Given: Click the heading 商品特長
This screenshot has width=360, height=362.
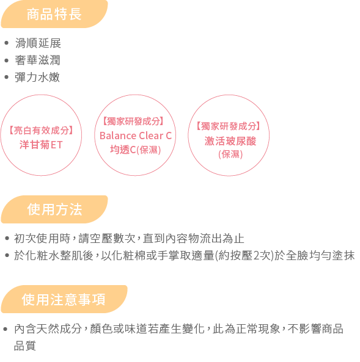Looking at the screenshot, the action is pyautogui.click(x=54, y=14).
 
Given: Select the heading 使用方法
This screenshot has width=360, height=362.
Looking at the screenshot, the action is pyautogui.click(x=54, y=209).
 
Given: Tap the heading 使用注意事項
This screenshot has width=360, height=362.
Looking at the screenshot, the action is pyautogui.click(x=64, y=300).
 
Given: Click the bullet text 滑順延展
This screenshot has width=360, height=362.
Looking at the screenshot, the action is pyautogui.click(x=38, y=43).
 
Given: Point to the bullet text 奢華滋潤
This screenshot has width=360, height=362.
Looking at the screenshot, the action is pyautogui.click(x=38, y=60).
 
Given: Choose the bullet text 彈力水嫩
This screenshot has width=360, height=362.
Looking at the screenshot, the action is pyautogui.click(x=37, y=77).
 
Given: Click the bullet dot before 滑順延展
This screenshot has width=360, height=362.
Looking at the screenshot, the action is pyautogui.click(x=7, y=43).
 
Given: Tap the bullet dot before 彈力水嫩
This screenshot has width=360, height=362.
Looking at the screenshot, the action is pyautogui.click(x=7, y=77).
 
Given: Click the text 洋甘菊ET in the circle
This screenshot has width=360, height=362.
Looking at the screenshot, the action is pyautogui.click(x=41, y=145).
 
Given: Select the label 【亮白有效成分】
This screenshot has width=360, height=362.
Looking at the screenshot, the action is pyautogui.click(x=41, y=131).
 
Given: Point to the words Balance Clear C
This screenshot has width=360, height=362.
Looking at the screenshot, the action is pyautogui.click(x=136, y=136).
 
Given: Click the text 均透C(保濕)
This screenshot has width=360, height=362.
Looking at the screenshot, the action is pyautogui.click(x=135, y=150).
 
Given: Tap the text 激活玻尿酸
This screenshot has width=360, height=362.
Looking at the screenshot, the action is pyautogui.click(x=230, y=141).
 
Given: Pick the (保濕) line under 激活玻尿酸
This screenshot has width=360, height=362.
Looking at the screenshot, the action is pyautogui.click(x=230, y=154).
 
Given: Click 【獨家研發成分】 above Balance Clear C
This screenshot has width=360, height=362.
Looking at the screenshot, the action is pyautogui.click(x=133, y=121).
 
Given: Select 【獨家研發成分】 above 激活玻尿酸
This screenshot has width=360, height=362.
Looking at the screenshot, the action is pyautogui.click(x=229, y=126).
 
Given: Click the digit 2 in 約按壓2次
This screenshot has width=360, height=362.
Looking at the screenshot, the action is pyautogui.click(x=257, y=256).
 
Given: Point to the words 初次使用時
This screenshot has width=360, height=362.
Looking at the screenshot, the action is pyautogui.click(x=42, y=239).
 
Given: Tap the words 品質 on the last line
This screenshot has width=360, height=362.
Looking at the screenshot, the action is pyautogui.click(x=24, y=346).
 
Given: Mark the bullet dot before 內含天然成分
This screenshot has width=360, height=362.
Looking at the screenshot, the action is pyautogui.click(x=6, y=329).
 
